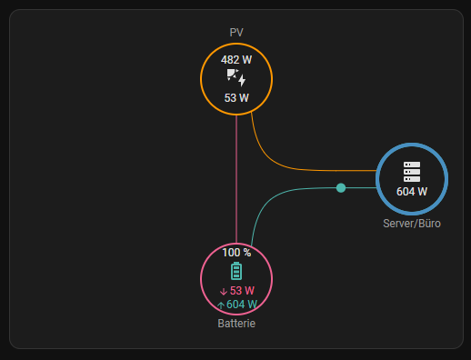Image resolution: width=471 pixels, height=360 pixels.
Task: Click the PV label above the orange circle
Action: click(x=236, y=33)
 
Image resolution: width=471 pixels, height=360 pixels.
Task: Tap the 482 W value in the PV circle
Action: click(x=236, y=60)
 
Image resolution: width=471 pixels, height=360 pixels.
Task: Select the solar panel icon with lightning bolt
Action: click(x=236, y=77)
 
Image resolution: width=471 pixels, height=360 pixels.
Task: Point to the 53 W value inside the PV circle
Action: click(x=236, y=98)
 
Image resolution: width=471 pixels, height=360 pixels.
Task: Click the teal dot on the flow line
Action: click(x=341, y=188)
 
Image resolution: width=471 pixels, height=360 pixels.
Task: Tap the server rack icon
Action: click(x=412, y=172)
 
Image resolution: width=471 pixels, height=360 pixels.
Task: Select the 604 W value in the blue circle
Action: click(x=412, y=192)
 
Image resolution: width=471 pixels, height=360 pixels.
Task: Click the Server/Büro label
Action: click(x=412, y=224)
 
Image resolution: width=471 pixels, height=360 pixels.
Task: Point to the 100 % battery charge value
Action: click(x=236, y=253)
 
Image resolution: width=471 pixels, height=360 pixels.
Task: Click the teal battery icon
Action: click(x=236, y=271)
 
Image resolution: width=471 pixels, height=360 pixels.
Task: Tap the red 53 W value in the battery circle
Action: click(x=242, y=291)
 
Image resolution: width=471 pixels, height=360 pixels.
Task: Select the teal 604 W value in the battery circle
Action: click(x=242, y=305)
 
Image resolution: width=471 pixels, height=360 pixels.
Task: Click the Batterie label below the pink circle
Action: click(x=236, y=324)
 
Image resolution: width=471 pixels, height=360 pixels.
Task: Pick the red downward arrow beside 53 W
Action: click(x=224, y=292)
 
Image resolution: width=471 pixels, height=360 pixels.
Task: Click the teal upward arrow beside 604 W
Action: click(x=221, y=305)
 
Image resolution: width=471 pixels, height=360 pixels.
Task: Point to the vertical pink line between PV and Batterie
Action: click(x=236, y=179)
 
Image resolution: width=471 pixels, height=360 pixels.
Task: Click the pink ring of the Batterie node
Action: click(x=201, y=279)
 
